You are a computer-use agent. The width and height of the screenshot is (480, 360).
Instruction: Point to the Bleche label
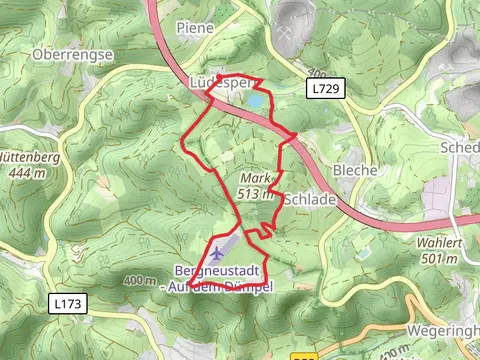356,170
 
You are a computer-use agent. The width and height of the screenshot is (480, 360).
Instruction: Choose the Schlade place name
310,199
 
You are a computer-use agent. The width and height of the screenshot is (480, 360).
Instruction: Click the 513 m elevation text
256,194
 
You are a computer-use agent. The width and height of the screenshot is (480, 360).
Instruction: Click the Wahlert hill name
444,245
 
